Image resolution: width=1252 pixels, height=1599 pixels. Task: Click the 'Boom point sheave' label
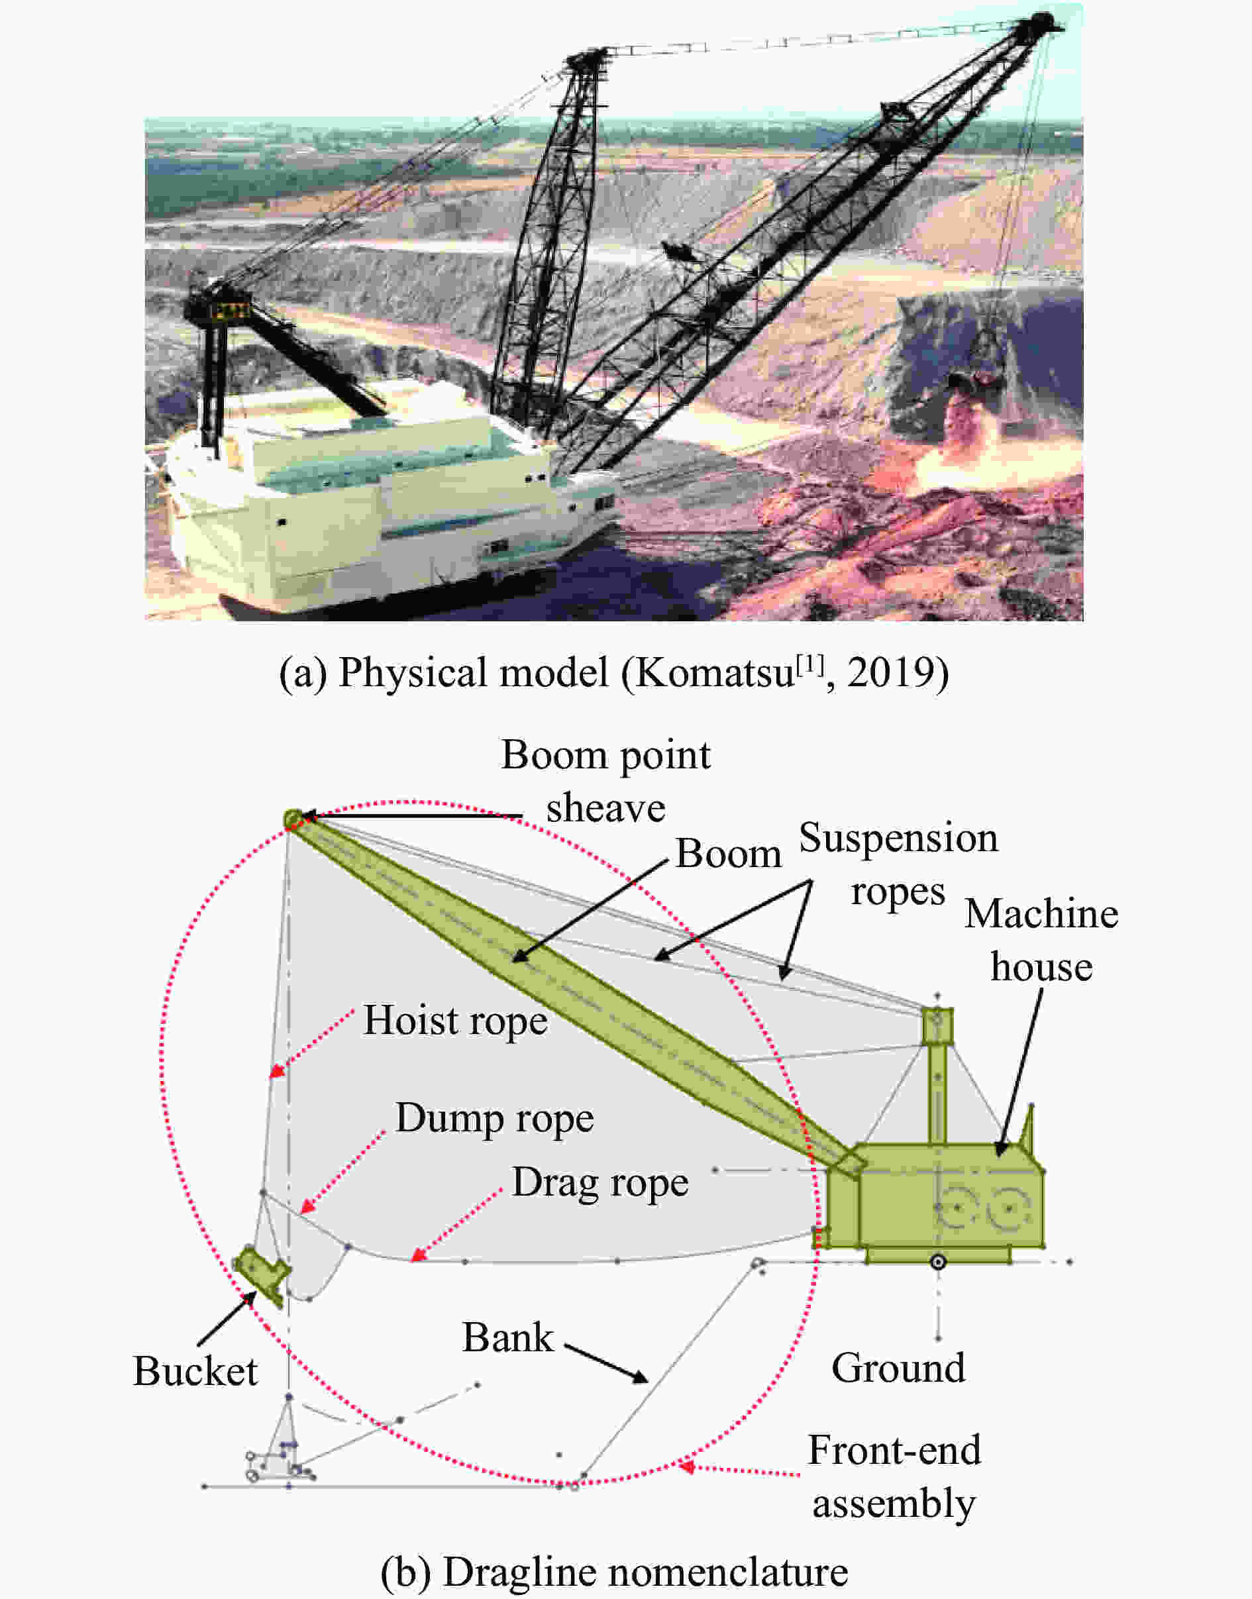click(x=605, y=781)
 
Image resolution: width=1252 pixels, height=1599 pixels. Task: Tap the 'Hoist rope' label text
click(x=455, y=1021)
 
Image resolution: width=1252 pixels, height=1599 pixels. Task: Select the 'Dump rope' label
click(x=495, y=1118)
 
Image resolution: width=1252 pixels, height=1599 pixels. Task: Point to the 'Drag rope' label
click(x=600, y=1182)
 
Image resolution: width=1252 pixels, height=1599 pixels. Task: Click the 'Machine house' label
click(x=1041, y=940)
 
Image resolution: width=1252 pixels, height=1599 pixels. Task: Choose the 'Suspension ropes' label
click(x=898, y=864)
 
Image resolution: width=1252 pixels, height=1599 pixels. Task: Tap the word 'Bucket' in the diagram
click(x=195, y=1371)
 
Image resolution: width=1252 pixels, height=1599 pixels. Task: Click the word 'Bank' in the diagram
click(x=507, y=1337)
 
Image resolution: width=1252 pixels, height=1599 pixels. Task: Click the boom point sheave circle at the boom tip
click(x=293, y=817)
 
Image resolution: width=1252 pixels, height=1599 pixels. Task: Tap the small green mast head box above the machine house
click(x=937, y=1025)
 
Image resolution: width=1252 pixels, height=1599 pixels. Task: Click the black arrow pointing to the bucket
click(x=227, y=1319)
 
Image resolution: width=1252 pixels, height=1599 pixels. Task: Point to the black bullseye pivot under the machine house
click(x=938, y=1262)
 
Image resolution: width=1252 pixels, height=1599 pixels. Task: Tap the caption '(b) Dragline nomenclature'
click(x=613, y=1572)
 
